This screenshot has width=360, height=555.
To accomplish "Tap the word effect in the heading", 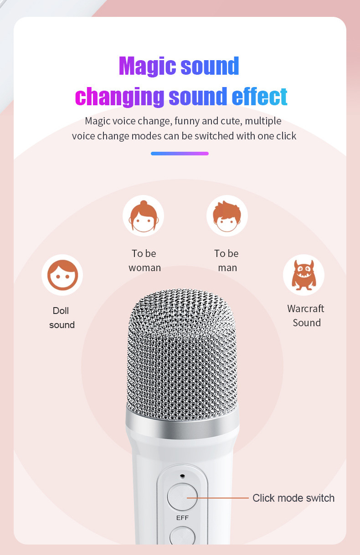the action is click(259, 96).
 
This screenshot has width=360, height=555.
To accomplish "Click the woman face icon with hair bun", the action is click(144, 216).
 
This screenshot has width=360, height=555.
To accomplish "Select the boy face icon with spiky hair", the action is click(227, 216).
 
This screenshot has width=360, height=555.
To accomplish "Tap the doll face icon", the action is click(62, 275).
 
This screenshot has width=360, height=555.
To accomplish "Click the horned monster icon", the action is click(304, 275).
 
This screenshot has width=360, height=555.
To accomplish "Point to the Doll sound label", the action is click(62, 318).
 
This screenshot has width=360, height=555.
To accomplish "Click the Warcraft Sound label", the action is click(306, 316).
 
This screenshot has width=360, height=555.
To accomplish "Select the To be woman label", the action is click(145, 261).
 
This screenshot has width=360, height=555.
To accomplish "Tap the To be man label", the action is click(226, 261).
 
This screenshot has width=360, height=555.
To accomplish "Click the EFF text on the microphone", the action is click(182, 518).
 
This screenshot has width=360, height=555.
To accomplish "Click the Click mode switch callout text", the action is click(293, 498).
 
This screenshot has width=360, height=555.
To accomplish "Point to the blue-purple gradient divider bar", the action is click(180, 154).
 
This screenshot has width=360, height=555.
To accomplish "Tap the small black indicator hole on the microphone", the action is click(183, 476).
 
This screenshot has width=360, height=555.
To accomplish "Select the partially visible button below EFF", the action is click(182, 536).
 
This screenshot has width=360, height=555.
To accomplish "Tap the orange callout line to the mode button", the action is click(217, 498).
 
